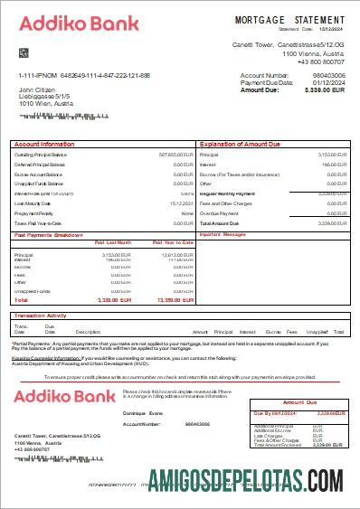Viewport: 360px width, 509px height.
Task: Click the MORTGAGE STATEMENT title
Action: (289, 19)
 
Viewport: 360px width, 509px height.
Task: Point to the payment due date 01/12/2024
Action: (327, 83)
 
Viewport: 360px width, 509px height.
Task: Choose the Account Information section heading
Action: (45, 145)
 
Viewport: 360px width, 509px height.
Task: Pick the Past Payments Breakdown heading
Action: (50, 234)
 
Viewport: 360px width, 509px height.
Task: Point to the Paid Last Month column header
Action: (113, 242)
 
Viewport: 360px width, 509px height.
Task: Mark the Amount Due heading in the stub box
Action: (299, 401)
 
